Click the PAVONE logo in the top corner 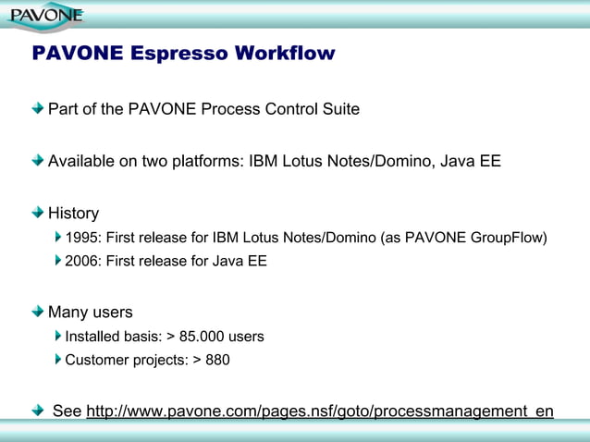click(45, 15)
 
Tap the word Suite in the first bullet click(338, 109)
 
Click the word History click(73, 213)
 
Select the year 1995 click(82, 238)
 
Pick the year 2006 click(82, 262)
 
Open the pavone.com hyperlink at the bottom click(320, 411)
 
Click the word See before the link click(67, 411)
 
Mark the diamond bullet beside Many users click(37, 312)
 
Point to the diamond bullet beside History click(37, 212)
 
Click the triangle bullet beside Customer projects click(58, 360)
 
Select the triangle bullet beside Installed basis click(58, 336)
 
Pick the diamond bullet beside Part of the click(37, 108)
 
